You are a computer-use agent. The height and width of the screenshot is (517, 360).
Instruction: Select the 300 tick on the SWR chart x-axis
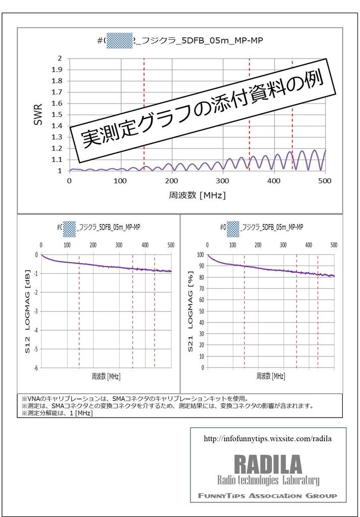[x=223, y=181]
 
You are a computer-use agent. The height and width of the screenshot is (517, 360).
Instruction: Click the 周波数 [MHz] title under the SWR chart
[x=197, y=195]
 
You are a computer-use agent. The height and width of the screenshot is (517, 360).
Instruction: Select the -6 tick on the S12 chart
[x=36, y=368]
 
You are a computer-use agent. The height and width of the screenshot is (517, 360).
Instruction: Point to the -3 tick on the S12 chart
[x=36, y=311]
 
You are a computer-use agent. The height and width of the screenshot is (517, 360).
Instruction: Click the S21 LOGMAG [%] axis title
[x=192, y=311]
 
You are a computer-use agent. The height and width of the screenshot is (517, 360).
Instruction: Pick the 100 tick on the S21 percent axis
[x=200, y=255]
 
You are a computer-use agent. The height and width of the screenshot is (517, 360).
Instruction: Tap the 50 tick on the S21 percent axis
[x=201, y=311]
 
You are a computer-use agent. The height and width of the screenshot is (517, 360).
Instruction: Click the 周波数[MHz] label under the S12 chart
[x=106, y=376]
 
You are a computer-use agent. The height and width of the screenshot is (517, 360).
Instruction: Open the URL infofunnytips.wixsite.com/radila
[x=268, y=439]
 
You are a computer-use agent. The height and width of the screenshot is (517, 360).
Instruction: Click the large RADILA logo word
[x=268, y=463]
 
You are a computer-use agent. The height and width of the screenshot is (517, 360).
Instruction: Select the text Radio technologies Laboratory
[x=268, y=480]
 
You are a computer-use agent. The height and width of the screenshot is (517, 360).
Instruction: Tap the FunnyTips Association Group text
[x=268, y=496]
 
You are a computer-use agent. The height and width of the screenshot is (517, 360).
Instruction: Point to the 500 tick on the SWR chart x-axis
[x=325, y=181]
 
